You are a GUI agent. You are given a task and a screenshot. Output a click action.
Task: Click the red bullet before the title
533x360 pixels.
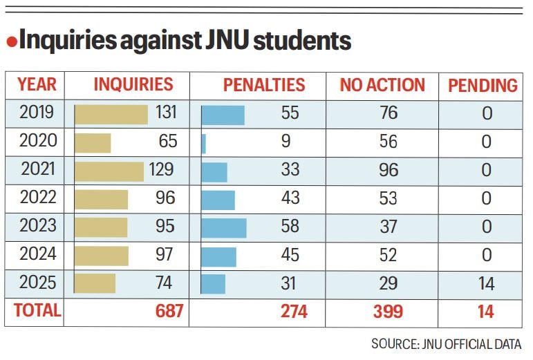[12, 43]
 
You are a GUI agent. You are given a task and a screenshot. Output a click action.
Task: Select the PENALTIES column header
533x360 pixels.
[263, 85]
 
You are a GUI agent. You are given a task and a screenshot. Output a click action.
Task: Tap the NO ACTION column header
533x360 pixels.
[382, 85]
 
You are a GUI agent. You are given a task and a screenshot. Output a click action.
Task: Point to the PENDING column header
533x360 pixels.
[483, 86]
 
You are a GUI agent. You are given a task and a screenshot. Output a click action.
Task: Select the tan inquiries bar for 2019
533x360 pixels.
[111, 114]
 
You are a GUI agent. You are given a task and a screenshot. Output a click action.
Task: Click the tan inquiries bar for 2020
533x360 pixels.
[93, 142]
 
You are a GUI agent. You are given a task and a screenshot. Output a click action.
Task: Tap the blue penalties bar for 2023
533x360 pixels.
[224, 227]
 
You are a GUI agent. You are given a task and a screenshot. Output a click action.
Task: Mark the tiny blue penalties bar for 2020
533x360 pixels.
[203, 142]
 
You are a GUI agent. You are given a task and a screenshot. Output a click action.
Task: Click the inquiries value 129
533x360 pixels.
[160, 170]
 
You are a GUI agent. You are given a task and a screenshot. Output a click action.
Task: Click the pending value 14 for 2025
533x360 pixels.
[486, 283]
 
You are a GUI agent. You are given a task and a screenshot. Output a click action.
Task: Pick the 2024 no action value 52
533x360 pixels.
[388, 255]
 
